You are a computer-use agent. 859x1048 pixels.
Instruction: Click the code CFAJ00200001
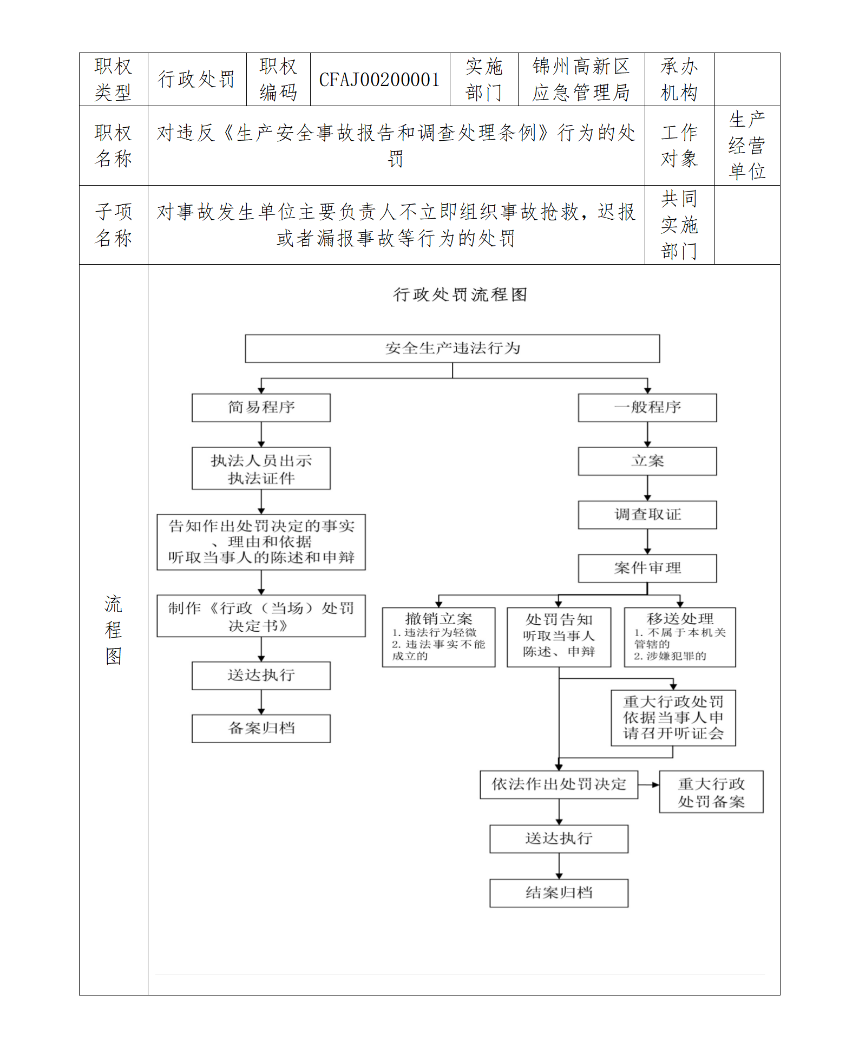[x=379, y=80]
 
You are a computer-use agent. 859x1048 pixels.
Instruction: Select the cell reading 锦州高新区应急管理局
[x=581, y=80]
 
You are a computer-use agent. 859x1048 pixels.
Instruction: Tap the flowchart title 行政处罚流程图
[x=460, y=294]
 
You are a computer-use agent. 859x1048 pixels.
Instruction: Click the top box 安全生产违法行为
[x=453, y=348]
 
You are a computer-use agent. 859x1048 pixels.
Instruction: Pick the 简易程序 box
[x=261, y=408]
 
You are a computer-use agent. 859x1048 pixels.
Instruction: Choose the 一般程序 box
[x=647, y=408]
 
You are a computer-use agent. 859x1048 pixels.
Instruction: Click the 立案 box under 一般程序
[x=647, y=461]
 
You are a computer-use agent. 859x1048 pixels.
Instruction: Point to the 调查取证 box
[x=647, y=514]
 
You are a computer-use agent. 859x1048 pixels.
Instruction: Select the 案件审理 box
[x=647, y=568]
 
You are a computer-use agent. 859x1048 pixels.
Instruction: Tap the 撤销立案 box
[x=438, y=637]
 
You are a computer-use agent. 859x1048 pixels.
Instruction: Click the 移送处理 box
[x=680, y=637]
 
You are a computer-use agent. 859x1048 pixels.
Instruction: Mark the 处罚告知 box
[x=559, y=637]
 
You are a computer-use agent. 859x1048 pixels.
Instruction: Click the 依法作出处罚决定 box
[x=559, y=784]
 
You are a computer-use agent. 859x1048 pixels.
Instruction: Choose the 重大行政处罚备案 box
[x=711, y=792]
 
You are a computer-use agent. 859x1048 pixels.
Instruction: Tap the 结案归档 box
[x=559, y=893]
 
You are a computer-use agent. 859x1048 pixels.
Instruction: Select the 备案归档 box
[x=261, y=728]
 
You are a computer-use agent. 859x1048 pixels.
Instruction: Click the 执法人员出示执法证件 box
[x=261, y=468]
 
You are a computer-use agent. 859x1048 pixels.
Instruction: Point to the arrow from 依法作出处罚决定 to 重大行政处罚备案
[x=648, y=784]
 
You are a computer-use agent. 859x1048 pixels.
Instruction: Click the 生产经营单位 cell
[x=747, y=145]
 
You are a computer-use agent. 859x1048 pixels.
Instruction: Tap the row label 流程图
[x=113, y=630]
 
